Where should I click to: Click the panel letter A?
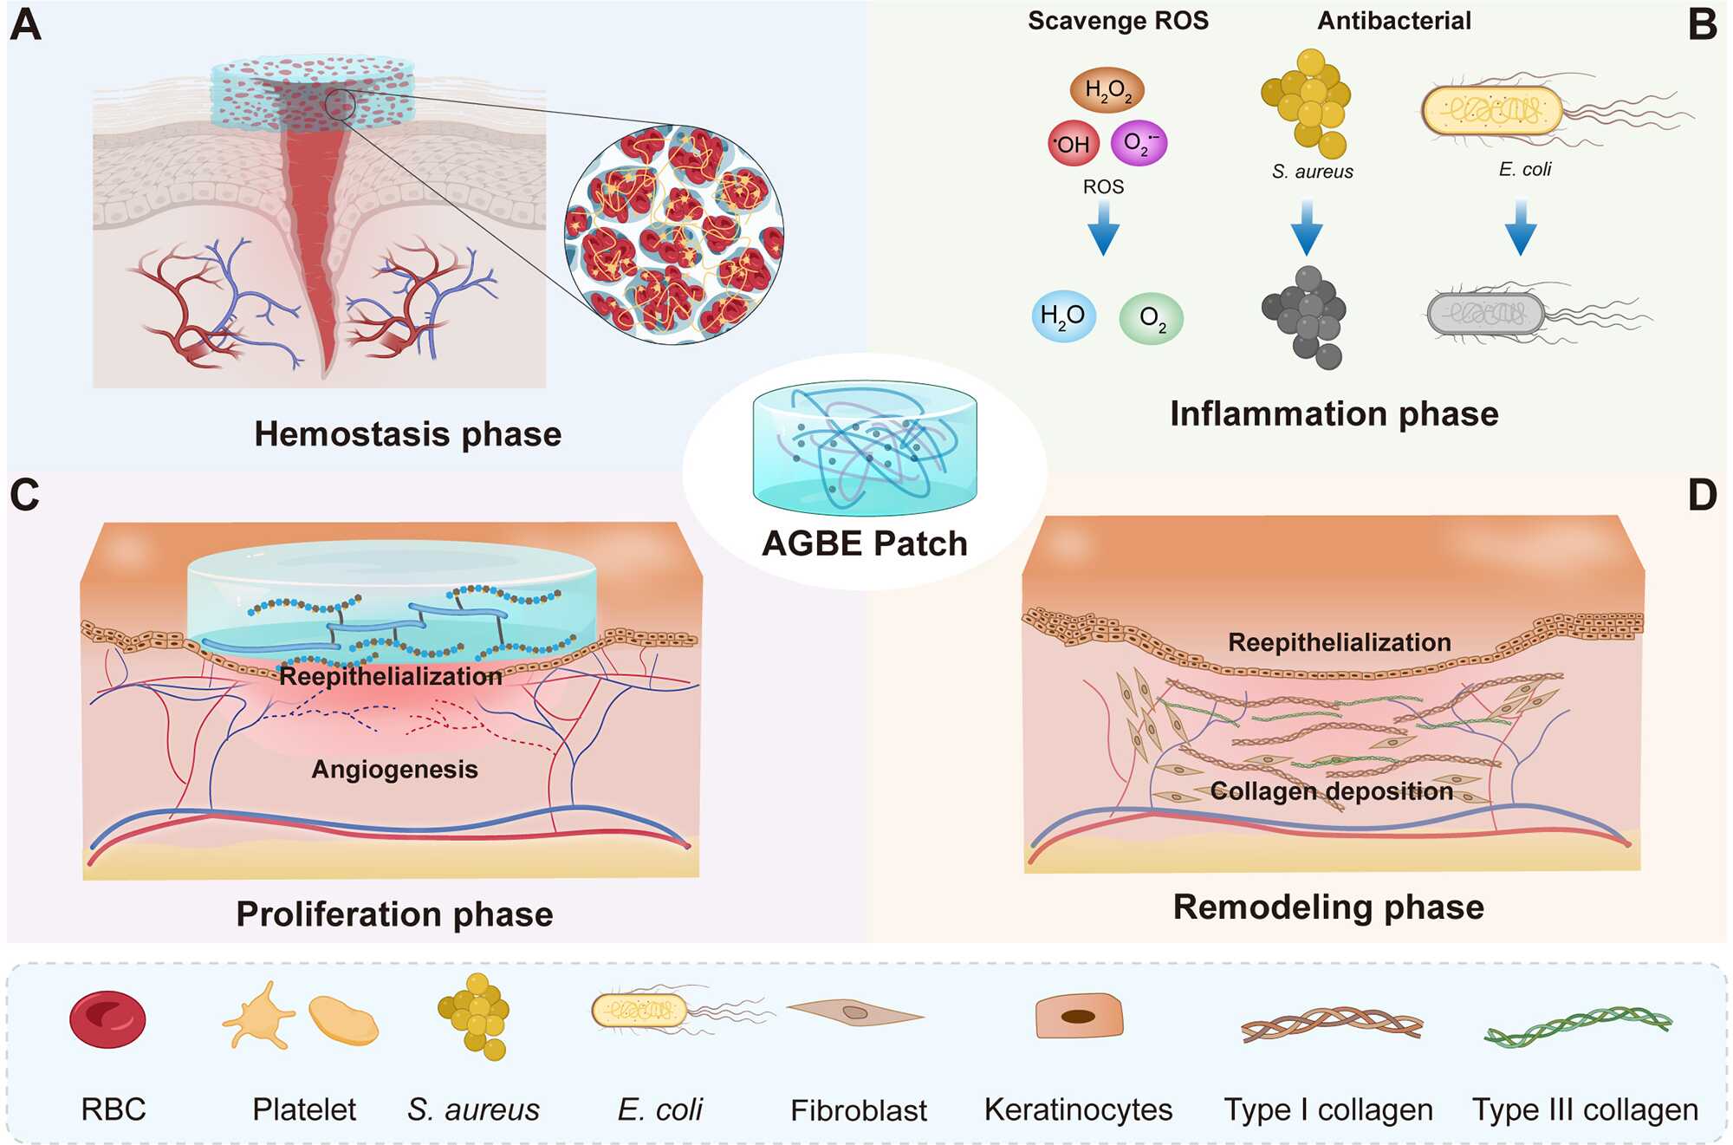pos(26,25)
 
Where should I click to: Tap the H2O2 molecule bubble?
pos(1107,90)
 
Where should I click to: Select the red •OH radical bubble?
pos(1073,144)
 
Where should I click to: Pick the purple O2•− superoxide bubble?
pos(1139,143)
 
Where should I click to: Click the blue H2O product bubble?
pos(1063,316)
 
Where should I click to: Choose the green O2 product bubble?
pos(1152,319)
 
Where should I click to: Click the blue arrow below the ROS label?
pos(1103,229)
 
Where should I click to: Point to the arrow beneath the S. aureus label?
pos(1307,229)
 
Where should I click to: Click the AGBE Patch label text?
pos(864,544)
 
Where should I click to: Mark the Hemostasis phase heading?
pos(407,434)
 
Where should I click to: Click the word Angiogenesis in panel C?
pos(394,770)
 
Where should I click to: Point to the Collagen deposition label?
pos(1331,791)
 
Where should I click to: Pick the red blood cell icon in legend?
pos(108,1020)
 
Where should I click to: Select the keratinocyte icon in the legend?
pos(1079,1016)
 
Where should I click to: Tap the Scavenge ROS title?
pos(1118,21)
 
